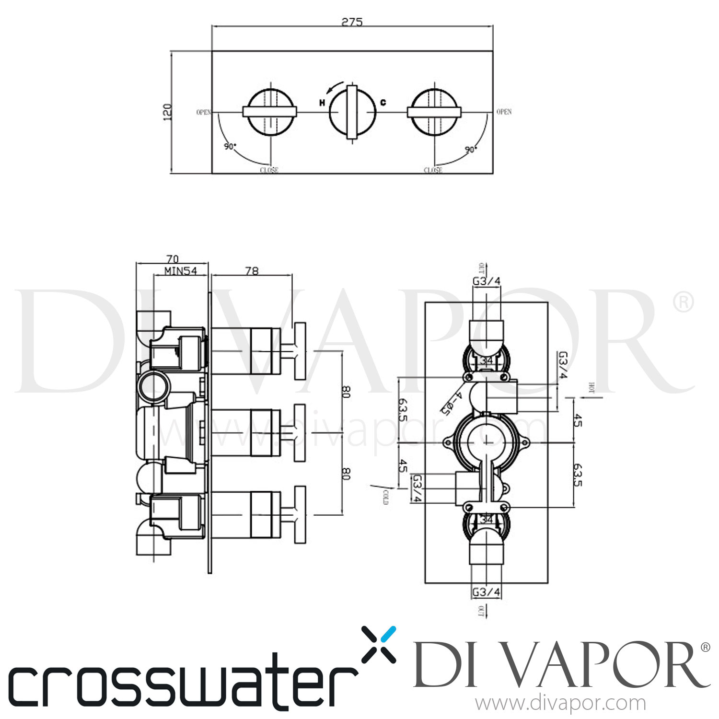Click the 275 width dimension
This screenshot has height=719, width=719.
click(x=352, y=22)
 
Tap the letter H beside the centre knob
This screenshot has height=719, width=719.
click(x=322, y=103)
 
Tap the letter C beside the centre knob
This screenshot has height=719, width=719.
click(x=383, y=102)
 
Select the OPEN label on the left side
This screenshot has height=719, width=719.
click(x=203, y=112)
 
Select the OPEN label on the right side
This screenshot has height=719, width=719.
click(x=504, y=112)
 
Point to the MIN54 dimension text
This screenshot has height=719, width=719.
click(x=181, y=271)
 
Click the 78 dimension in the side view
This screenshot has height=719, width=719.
click(x=252, y=271)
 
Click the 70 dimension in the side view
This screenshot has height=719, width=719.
click(x=173, y=259)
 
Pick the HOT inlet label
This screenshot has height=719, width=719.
click(x=591, y=388)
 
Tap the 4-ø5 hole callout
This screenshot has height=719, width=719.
click(x=452, y=401)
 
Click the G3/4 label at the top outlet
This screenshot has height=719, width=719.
click(x=487, y=281)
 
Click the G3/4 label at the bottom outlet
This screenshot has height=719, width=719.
click(x=487, y=592)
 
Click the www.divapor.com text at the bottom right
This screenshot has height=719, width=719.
click(x=560, y=704)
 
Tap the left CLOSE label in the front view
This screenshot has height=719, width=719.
click(x=269, y=170)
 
